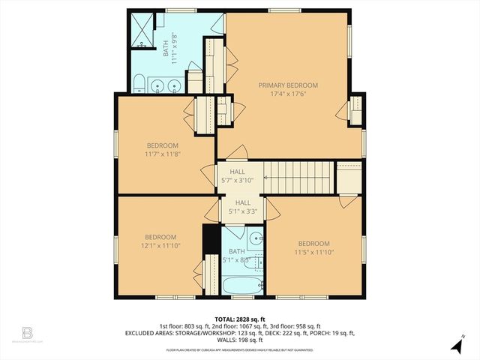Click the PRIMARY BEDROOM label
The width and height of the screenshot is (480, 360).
coord(289,85)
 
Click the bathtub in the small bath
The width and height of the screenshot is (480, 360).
coord(242,285)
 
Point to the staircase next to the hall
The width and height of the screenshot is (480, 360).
coord(300,179)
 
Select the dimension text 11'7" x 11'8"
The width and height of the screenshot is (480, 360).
coord(162,154)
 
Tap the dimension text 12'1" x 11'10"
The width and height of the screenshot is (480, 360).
coord(160,245)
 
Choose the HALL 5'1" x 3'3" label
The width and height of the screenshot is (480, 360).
coord(243,207)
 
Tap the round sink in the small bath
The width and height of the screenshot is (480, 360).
coord(256,240)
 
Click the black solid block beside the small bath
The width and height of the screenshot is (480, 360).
coord(211,240)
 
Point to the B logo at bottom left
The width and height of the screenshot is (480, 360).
coord(28,331)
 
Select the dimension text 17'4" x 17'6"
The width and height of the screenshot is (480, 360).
coord(289,94)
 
